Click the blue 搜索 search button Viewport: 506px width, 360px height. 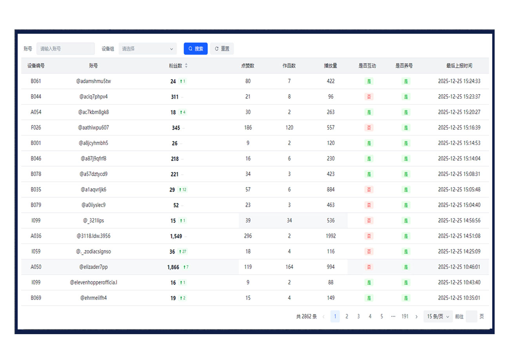[x=196, y=49]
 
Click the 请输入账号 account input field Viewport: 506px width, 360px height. [x=65, y=49]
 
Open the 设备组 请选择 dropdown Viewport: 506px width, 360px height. [x=147, y=49]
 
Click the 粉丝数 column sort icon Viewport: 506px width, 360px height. [x=186, y=66]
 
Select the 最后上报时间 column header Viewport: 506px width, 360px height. [x=459, y=66]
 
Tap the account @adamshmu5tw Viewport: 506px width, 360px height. [x=93, y=81]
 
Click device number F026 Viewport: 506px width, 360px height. [x=36, y=128]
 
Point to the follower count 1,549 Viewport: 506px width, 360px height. [x=176, y=236]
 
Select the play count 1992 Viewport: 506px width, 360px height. [x=330, y=236]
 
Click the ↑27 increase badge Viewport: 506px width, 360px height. [x=182, y=251]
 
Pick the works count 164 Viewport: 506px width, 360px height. [x=289, y=267]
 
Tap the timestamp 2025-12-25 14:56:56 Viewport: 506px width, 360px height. [x=459, y=221]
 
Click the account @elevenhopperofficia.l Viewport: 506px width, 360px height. [x=93, y=282]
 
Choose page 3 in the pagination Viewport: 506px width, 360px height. [x=358, y=316]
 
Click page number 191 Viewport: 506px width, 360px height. [x=405, y=316]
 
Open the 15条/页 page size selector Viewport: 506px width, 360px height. [x=438, y=316]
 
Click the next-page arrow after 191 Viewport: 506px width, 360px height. [x=416, y=316]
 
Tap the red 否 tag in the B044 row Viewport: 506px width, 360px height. [x=368, y=97]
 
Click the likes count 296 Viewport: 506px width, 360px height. [x=248, y=236]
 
